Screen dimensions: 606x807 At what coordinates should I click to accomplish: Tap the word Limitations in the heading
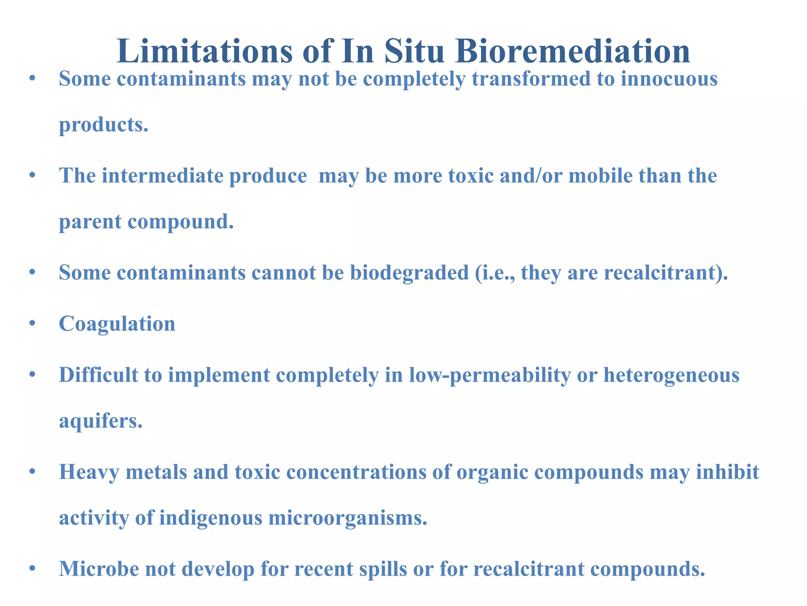(205, 51)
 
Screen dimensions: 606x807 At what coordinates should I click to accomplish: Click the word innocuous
(669, 79)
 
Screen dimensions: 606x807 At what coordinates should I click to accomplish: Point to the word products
(104, 125)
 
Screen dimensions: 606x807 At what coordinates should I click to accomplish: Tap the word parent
(90, 222)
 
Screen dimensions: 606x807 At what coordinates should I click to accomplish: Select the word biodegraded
(409, 273)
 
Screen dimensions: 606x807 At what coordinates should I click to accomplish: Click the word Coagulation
(117, 324)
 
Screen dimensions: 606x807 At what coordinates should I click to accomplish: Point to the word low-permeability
(490, 375)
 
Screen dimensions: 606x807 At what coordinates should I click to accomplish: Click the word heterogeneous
(671, 375)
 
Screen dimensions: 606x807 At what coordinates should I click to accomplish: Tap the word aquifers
(100, 421)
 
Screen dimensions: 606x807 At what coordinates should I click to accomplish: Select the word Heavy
(89, 472)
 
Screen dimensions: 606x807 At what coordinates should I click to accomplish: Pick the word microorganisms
(348, 518)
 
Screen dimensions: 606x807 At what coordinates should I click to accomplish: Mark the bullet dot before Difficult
(33, 375)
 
